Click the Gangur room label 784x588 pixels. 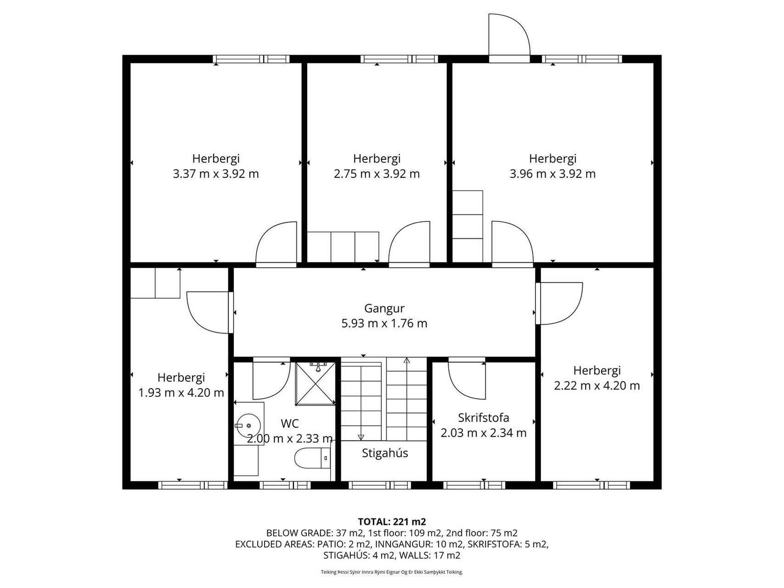[384, 308]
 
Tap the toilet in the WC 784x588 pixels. [312, 458]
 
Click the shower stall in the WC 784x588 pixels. [316, 384]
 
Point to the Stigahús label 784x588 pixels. [385, 453]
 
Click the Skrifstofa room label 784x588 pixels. [484, 418]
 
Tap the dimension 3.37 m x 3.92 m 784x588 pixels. [216, 174]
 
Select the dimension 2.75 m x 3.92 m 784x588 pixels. [377, 174]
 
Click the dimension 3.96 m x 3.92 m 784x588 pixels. [553, 174]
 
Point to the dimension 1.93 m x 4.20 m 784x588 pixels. [181, 393]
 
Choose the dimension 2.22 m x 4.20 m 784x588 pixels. [597, 386]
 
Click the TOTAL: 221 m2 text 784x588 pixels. [392, 521]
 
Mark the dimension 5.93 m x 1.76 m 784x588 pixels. [384, 323]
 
